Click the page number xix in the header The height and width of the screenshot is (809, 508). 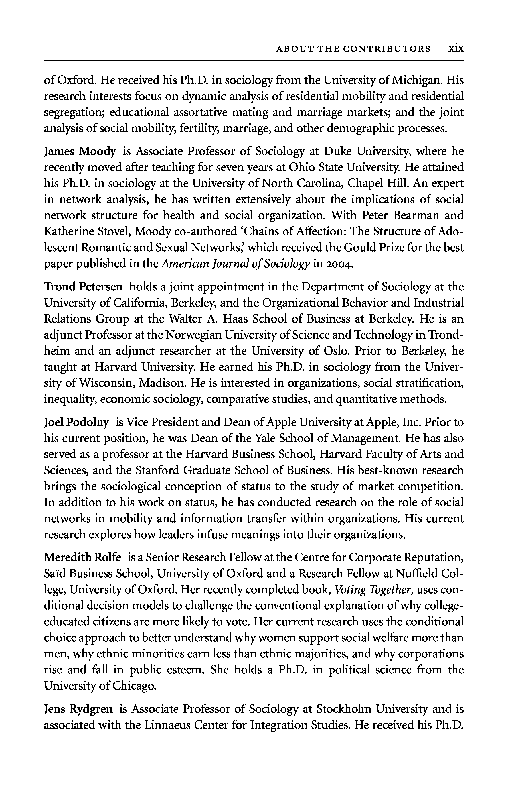[x=456, y=49]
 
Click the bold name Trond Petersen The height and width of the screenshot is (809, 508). [x=83, y=287]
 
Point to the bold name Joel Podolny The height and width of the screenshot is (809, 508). [x=76, y=422]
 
